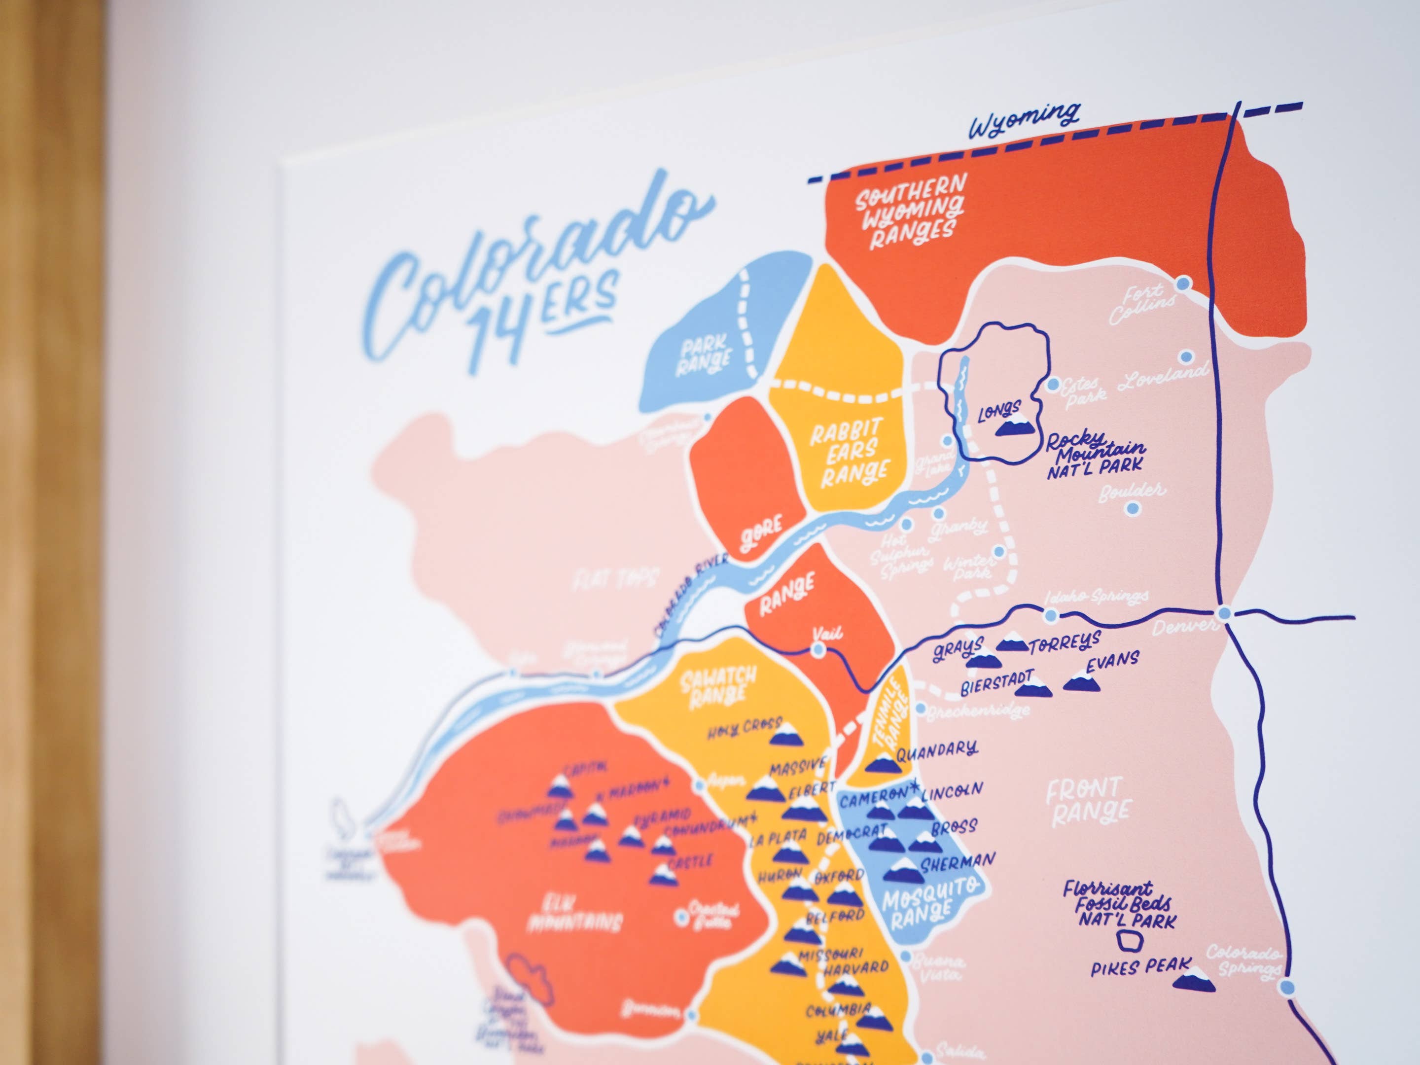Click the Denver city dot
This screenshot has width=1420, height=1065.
[x=1225, y=613]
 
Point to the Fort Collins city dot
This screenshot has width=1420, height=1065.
[x=1184, y=283]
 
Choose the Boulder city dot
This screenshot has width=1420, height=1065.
[x=1133, y=508]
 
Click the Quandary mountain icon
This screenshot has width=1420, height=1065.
[x=880, y=763]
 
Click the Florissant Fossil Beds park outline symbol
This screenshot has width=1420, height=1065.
[x=1128, y=942]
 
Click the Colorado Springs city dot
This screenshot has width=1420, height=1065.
[x=1286, y=987]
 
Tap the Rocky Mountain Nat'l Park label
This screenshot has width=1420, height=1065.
[x=1095, y=455]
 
